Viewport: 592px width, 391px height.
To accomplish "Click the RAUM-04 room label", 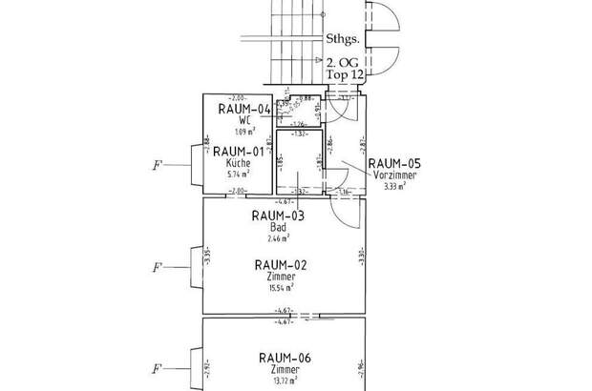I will pyautogui.click(x=244, y=109).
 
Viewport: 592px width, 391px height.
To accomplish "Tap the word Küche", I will pyautogui.click(x=240, y=164).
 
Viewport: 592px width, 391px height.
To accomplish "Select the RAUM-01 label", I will pyautogui.click(x=239, y=152).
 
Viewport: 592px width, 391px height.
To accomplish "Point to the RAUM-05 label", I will pyautogui.click(x=394, y=163).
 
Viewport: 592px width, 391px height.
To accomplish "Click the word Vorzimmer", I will pyautogui.click(x=394, y=176).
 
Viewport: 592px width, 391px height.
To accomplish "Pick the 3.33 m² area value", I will pyautogui.click(x=394, y=187).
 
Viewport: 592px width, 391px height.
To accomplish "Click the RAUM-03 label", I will pyautogui.click(x=278, y=216).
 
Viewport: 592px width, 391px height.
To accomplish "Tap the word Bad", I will pyautogui.click(x=278, y=228).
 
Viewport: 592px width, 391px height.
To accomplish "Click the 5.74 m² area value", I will pyautogui.click(x=239, y=175).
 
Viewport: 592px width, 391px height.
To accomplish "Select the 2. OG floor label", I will pyautogui.click(x=345, y=62).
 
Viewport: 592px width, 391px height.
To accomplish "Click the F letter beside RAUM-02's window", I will pyautogui.click(x=157, y=266).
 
